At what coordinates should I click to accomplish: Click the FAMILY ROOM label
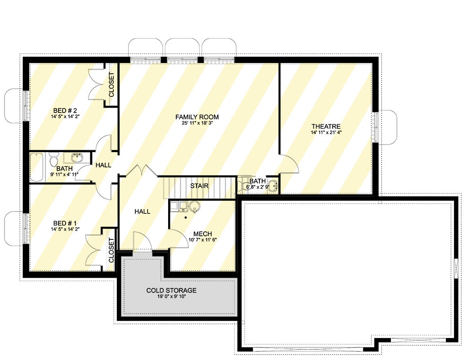[x=197, y=117]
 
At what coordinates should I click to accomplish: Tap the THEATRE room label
[x=325, y=126]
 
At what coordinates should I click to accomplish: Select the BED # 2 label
[x=66, y=110]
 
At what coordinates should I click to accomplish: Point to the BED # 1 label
[x=66, y=223]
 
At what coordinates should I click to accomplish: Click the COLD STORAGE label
[x=171, y=290]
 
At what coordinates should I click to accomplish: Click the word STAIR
[x=199, y=185]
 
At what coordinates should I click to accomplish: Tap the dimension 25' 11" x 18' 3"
[x=197, y=123]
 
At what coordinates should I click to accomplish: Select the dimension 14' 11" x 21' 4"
[x=325, y=133]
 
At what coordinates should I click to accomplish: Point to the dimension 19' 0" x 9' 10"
[x=171, y=297]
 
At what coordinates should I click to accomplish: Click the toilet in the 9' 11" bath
[x=53, y=162]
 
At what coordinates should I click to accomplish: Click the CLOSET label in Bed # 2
[x=111, y=85]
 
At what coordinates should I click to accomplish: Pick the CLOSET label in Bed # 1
[x=111, y=250]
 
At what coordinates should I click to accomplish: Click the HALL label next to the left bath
[x=103, y=165]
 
